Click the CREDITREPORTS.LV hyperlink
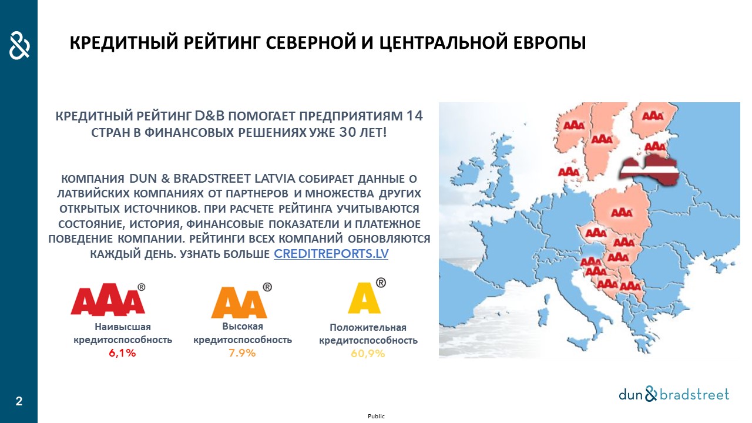pyautogui.click(x=331, y=254)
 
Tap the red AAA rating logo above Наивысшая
pyautogui.click(x=108, y=300)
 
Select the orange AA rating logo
pyautogui.click(x=241, y=301)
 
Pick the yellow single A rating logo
pyautogui.click(x=366, y=297)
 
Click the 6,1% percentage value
pyautogui.click(x=122, y=353)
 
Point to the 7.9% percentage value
pyautogui.click(x=242, y=353)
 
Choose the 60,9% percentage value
pyautogui.click(x=368, y=354)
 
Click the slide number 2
pyautogui.click(x=19, y=401)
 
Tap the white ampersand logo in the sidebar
pyautogui.click(x=19, y=45)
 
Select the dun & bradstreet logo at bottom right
pyautogui.click(x=674, y=394)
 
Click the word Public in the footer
pyautogui.click(x=376, y=417)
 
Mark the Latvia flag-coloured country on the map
pyautogui.click(x=649, y=169)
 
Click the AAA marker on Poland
pyautogui.click(x=622, y=213)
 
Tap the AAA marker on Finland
pyautogui.click(x=653, y=116)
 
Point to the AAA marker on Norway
pyautogui.click(x=574, y=126)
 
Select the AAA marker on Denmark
pyautogui.click(x=569, y=172)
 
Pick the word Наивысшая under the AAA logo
pyautogui.click(x=123, y=327)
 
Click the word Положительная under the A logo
pyautogui.click(x=368, y=327)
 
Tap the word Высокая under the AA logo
pyautogui.click(x=243, y=326)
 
